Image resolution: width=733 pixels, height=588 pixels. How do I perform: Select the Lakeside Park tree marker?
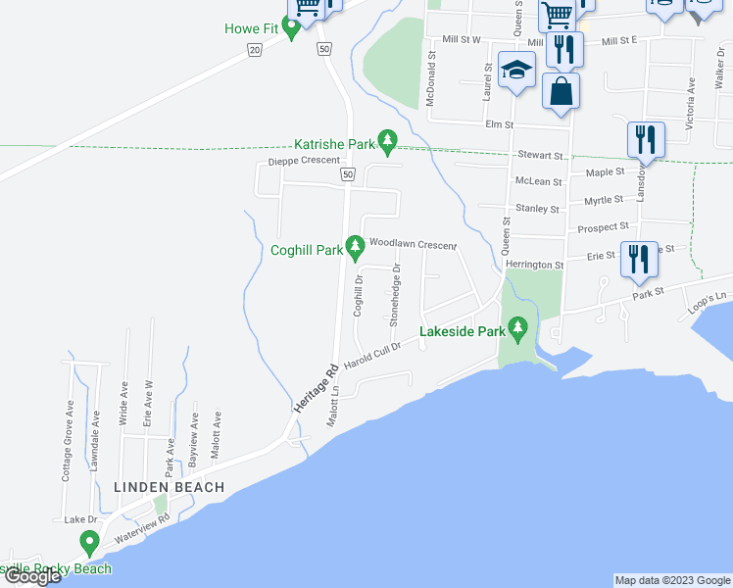click(x=518, y=330)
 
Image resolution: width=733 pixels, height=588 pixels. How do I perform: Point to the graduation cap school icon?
click(x=515, y=70)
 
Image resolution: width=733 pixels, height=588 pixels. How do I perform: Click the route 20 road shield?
click(x=255, y=49)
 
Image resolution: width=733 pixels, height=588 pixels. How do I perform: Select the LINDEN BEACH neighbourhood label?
click(x=169, y=487)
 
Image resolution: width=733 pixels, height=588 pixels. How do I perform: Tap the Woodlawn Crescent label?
click(x=413, y=242)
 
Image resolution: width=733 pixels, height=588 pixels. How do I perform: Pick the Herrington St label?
click(x=534, y=265)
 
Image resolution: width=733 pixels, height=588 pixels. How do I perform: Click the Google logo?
click(x=31, y=576)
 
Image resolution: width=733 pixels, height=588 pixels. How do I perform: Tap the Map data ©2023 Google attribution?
click(x=671, y=580)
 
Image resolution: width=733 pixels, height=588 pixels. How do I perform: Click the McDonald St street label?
click(x=429, y=79)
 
